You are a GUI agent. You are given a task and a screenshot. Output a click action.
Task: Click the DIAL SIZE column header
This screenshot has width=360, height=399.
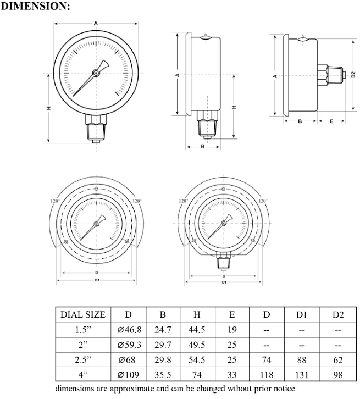82,315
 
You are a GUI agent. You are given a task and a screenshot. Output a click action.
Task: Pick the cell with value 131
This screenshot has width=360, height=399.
301,376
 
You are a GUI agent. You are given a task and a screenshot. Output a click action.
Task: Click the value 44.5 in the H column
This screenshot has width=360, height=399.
197,330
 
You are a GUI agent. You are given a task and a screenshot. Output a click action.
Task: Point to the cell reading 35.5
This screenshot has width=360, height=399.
162,376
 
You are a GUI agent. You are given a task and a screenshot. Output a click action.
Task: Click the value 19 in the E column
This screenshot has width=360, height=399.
231,330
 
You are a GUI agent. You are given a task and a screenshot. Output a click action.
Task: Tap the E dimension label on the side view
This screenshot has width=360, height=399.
331,120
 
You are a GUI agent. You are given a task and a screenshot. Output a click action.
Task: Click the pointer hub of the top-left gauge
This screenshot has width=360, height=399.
96,73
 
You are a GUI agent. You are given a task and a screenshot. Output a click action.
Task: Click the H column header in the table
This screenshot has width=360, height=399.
197,315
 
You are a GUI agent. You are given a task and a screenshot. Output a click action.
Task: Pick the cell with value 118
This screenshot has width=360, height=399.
267,376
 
